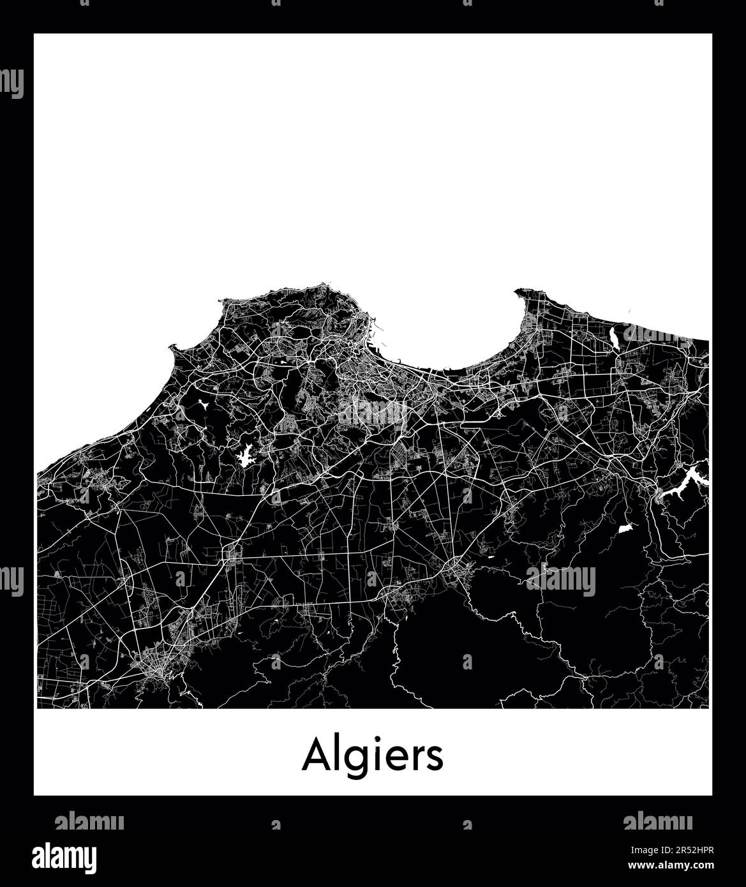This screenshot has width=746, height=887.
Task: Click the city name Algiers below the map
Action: click(373, 756)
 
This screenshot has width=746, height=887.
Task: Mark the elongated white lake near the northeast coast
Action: click(614, 337)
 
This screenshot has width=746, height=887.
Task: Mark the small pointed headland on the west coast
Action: click(171, 347)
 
